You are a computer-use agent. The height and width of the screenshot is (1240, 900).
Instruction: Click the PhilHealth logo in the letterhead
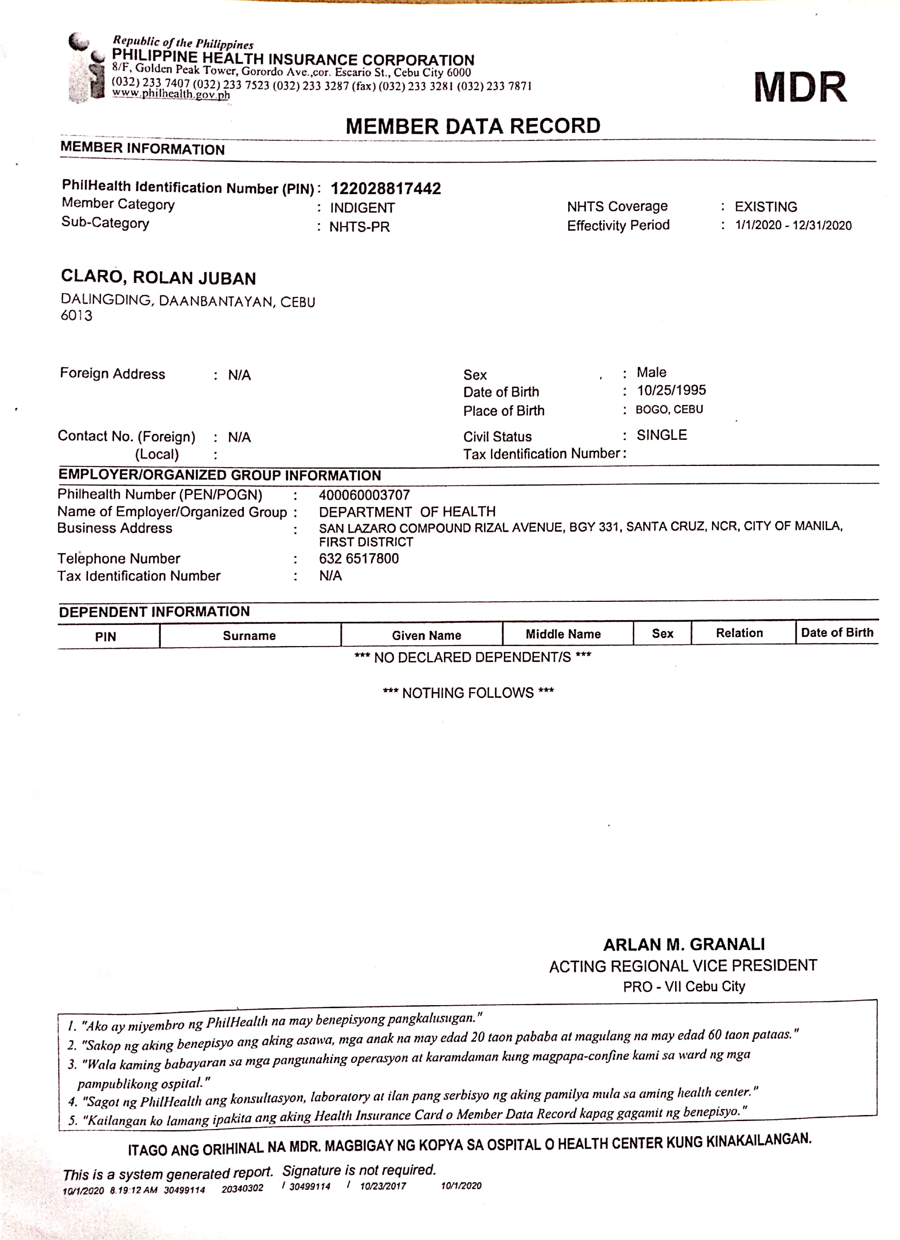[87, 68]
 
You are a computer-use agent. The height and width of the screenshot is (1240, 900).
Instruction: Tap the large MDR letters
[800, 88]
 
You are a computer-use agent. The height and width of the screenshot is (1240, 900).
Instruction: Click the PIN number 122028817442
[385, 189]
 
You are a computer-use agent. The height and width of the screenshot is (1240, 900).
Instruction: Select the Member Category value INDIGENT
[362, 208]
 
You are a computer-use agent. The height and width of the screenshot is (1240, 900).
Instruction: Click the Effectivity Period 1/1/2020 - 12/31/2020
[793, 225]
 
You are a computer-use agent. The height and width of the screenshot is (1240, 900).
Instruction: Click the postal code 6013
[77, 315]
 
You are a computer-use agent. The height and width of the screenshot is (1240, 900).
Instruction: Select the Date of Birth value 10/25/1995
[671, 390]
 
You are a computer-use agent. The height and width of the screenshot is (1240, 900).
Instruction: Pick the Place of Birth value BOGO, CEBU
[669, 410]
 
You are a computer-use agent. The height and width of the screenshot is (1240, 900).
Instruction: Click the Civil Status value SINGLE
[662, 435]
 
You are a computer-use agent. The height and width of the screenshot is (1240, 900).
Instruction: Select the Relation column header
[739, 633]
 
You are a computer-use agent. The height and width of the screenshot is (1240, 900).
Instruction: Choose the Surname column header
[249, 635]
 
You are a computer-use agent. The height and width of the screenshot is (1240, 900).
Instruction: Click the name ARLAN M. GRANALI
[684, 944]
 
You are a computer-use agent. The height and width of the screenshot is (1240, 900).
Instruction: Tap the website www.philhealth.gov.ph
[171, 94]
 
